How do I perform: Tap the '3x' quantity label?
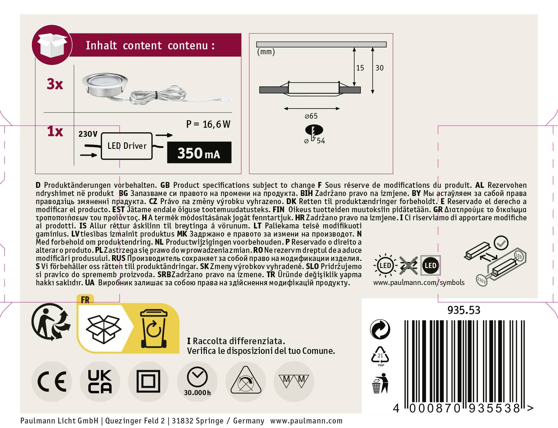pos(55,84)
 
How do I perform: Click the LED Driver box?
pos(127,146)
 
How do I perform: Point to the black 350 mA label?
pos(199,153)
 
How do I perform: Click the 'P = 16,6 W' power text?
pos(208,124)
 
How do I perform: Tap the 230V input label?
pos(88,134)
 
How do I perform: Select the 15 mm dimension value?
pos(360,68)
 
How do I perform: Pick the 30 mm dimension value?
pos(379,68)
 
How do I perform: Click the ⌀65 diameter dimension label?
pos(311,116)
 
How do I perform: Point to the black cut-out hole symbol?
pos(314,131)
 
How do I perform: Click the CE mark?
pos(52,381)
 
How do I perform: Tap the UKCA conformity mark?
pos(100,381)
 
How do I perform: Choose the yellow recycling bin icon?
pos(154,328)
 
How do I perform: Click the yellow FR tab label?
pos(85,300)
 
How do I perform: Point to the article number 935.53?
pos(463,310)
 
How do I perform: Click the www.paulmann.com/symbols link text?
pos(419,282)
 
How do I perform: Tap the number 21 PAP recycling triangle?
pos(380,356)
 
